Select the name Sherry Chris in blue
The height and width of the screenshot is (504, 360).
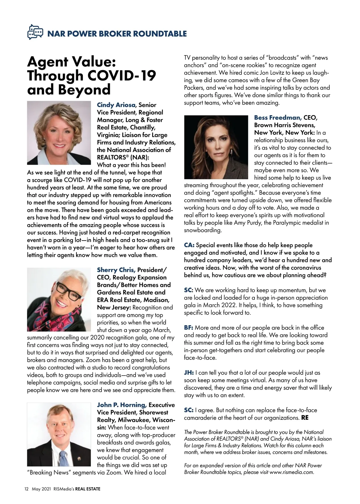click(116, 270)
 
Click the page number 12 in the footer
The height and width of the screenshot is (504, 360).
click(26, 489)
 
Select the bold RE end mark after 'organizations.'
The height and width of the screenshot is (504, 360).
click(305, 418)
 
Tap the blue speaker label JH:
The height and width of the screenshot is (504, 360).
click(189, 373)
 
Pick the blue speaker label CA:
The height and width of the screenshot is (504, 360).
click(189, 245)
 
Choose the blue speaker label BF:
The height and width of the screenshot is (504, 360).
click(189, 328)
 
